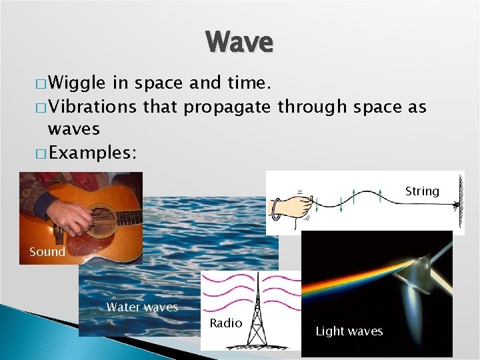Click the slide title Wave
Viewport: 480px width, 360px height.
point(239,42)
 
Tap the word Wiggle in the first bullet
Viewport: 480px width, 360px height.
point(77,83)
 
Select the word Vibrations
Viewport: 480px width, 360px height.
point(93,106)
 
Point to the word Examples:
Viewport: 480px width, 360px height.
point(93,153)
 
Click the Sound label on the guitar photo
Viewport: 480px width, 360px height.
point(47,252)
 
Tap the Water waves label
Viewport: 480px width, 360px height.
point(142,307)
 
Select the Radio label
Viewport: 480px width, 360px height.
point(225,323)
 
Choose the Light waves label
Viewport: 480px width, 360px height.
point(349,331)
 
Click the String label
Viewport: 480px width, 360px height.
point(422,191)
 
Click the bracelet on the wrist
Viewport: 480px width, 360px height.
point(275,208)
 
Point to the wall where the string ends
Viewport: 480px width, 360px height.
point(460,200)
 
